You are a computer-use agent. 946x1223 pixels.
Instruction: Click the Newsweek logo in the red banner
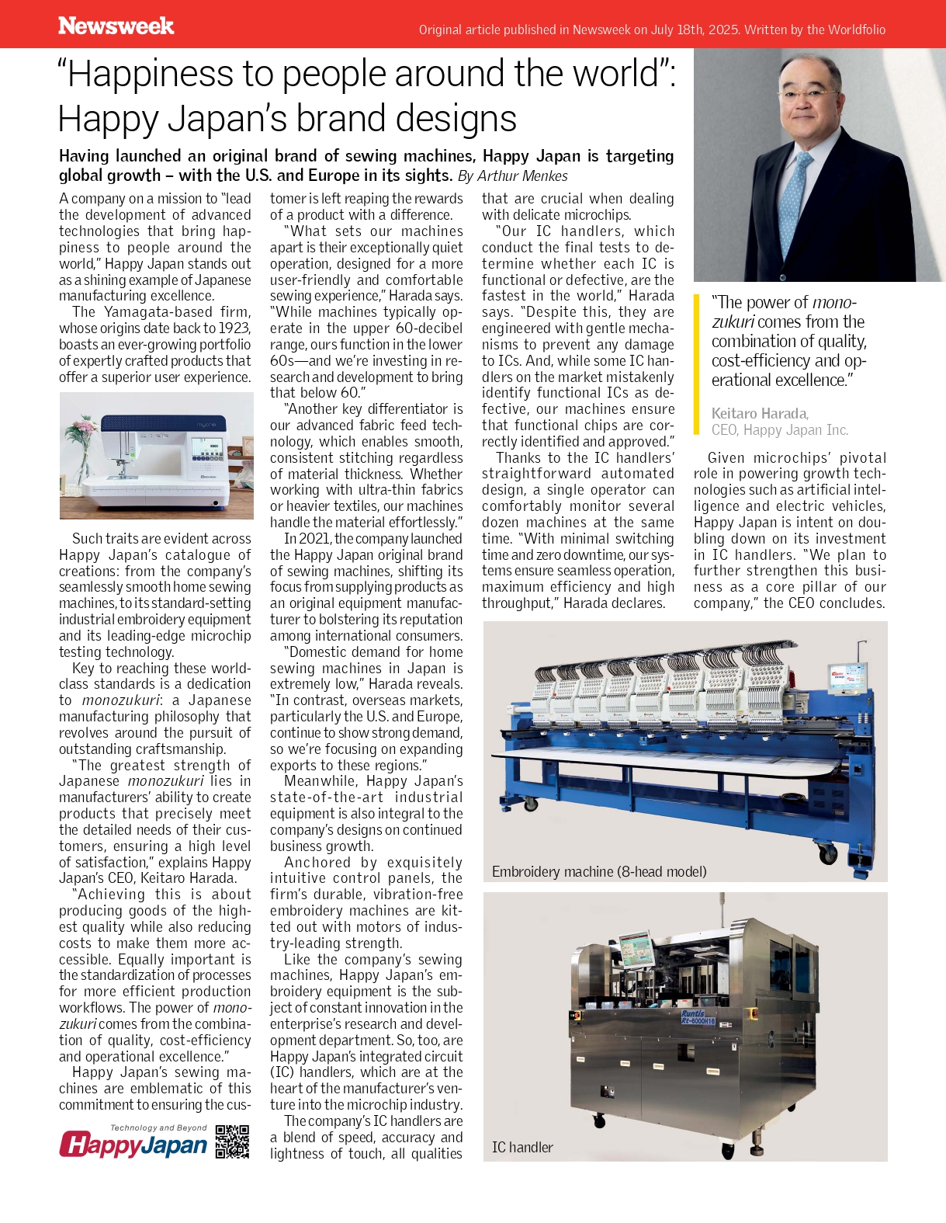(x=116, y=26)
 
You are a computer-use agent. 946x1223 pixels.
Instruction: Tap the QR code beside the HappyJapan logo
(x=232, y=1141)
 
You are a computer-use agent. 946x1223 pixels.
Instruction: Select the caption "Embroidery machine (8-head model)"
(x=599, y=871)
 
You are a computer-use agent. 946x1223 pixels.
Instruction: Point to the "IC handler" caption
(x=522, y=1147)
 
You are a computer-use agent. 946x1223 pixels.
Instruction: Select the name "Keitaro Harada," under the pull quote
(x=760, y=413)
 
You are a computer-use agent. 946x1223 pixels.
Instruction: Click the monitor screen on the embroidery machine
(x=847, y=675)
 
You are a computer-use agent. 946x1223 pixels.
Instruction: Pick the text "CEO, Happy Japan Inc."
(x=780, y=429)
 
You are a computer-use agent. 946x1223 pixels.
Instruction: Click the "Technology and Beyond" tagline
(x=158, y=1127)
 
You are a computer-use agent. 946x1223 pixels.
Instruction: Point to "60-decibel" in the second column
(x=429, y=328)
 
